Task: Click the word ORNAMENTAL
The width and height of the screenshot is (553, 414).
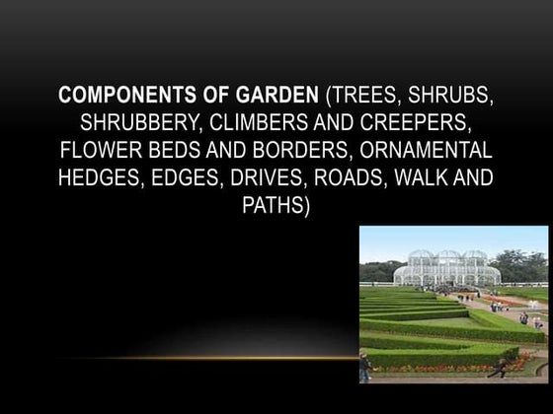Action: [432, 154]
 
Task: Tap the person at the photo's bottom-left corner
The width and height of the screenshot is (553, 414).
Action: [365, 367]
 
